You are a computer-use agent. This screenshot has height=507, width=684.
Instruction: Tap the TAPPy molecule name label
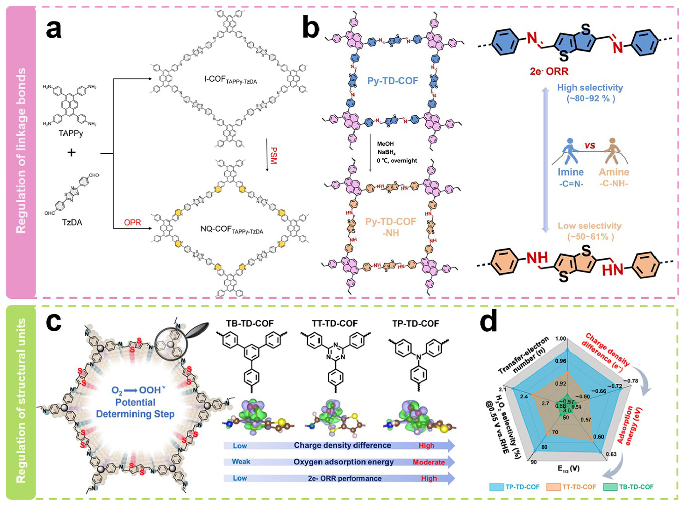pyautogui.click(x=71, y=134)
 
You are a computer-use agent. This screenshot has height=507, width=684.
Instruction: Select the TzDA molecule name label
pyautogui.click(x=72, y=222)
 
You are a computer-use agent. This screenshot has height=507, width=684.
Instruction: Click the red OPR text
pyautogui.click(x=132, y=222)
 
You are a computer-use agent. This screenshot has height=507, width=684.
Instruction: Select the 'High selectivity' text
pyautogui.click(x=590, y=88)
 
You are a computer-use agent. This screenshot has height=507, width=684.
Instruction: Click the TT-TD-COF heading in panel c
pyautogui.click(x=335, y=323)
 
